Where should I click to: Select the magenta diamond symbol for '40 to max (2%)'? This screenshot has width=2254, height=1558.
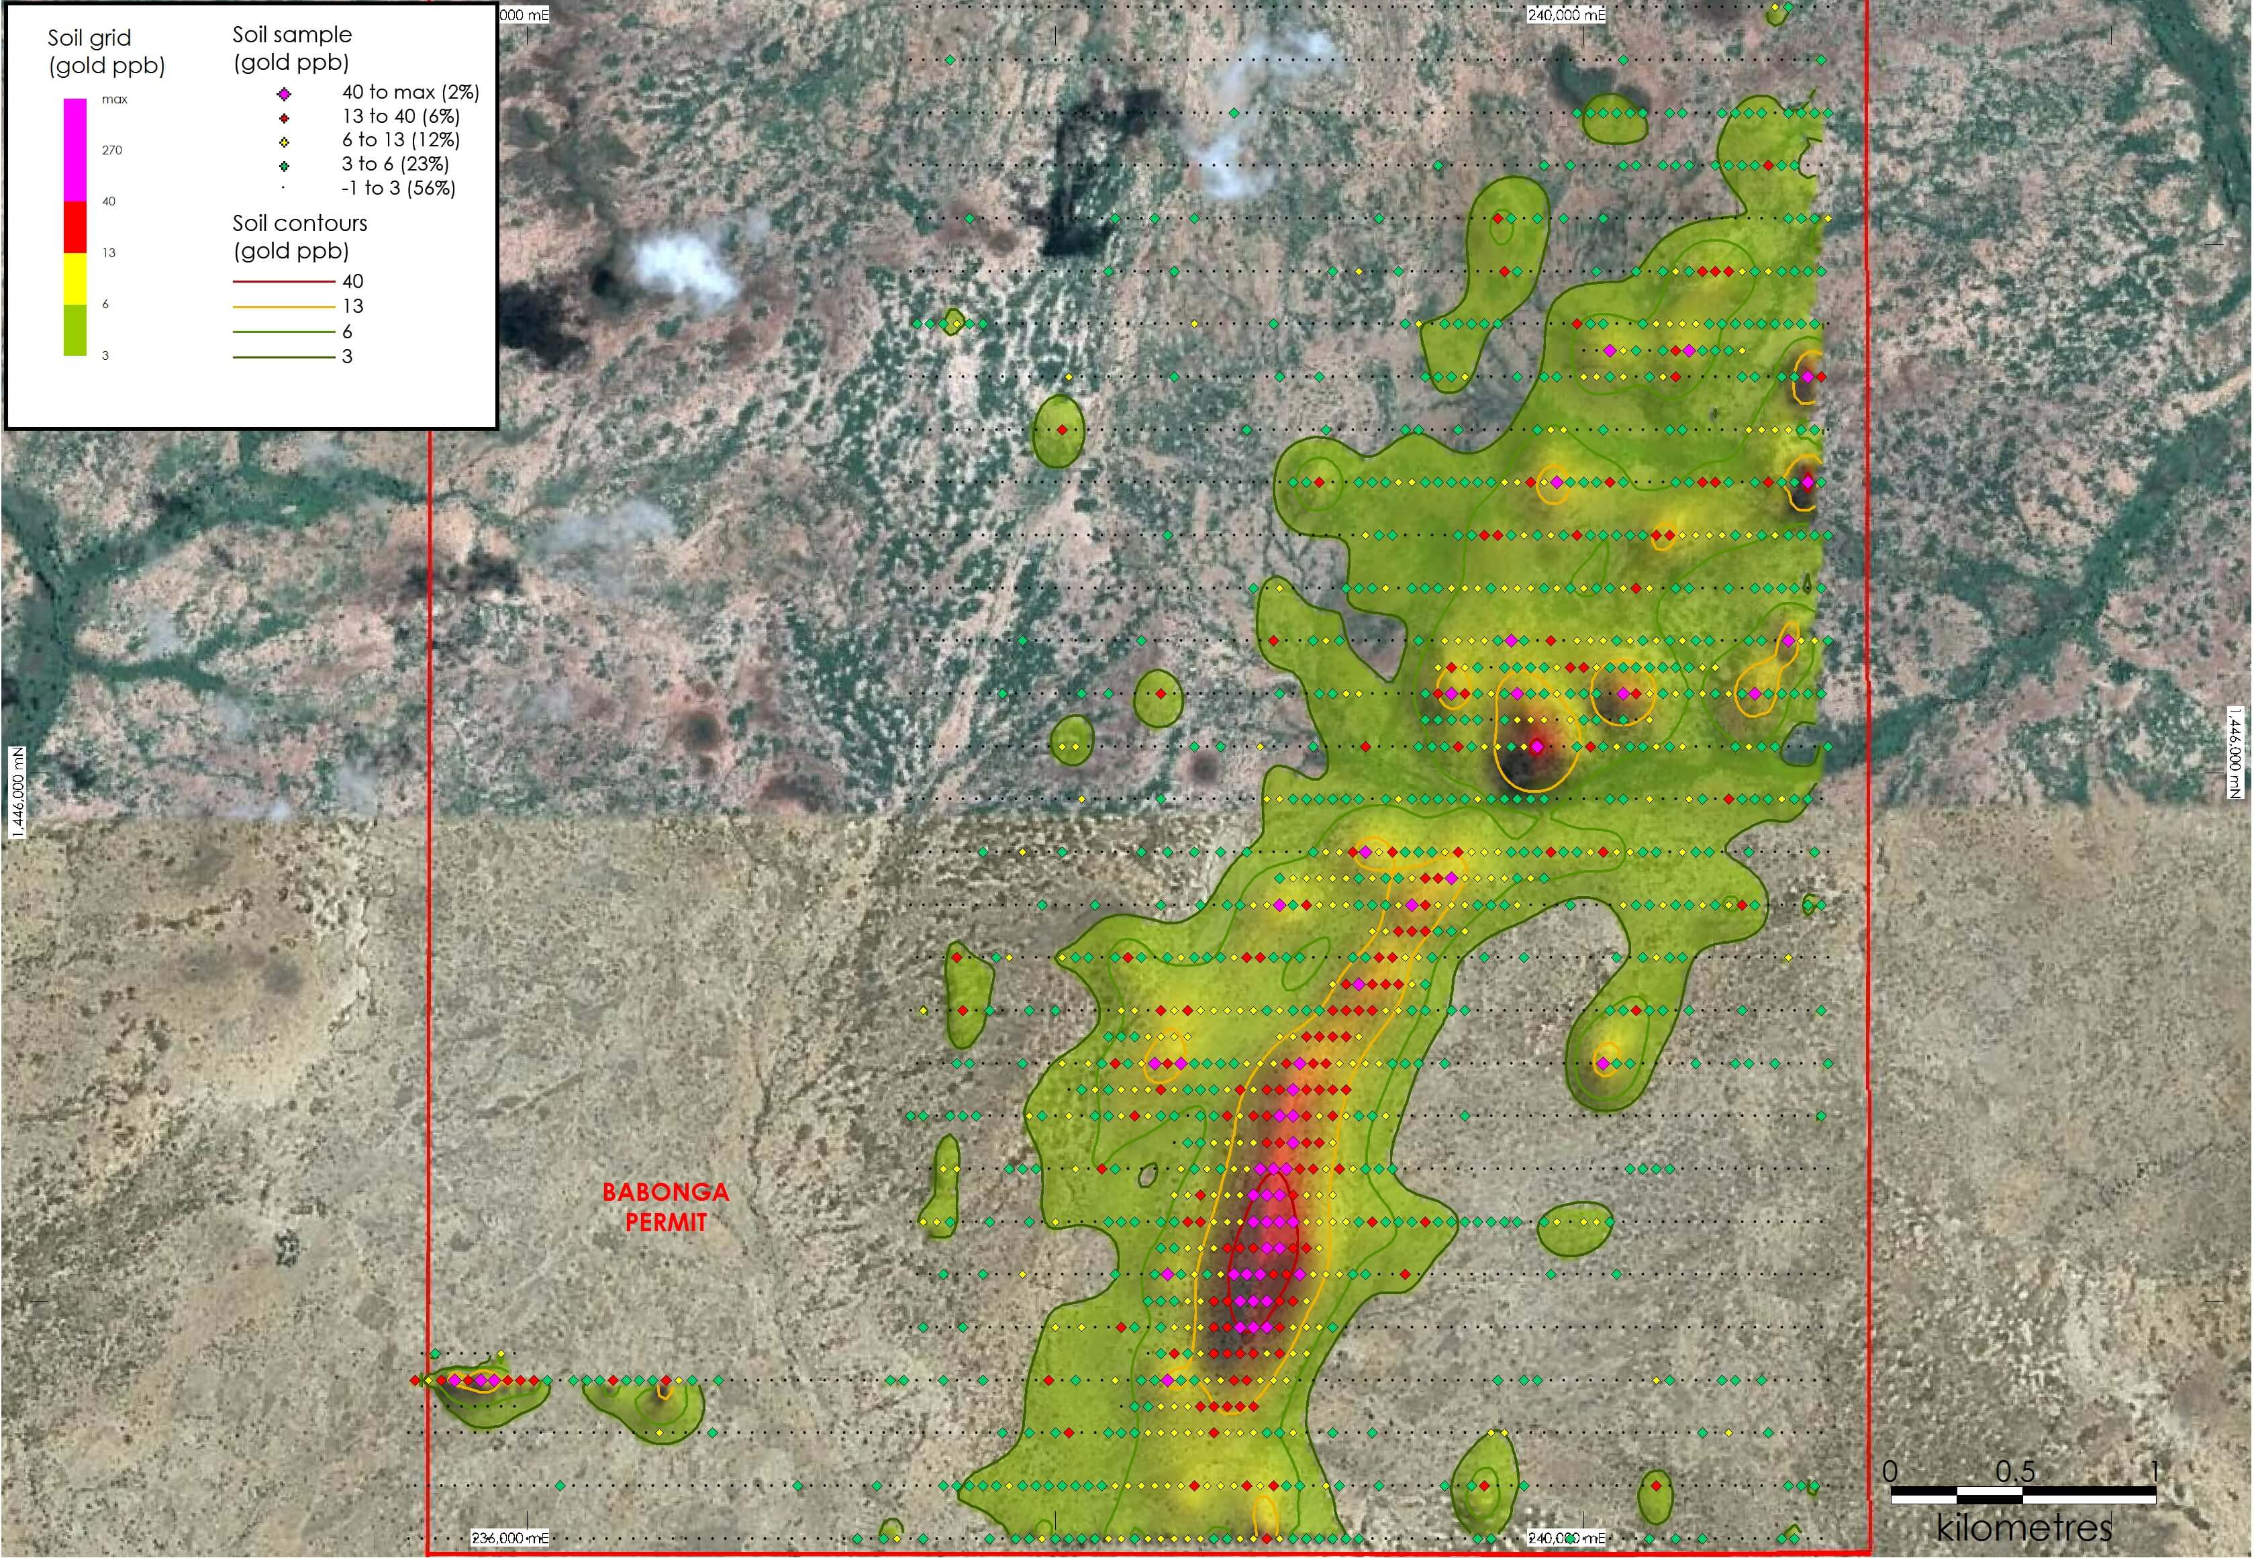(x=284, y=94)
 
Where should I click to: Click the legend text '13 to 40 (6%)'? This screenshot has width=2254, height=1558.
(x=400, y=116)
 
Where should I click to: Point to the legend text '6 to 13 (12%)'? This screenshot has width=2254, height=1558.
(x=400, y=140)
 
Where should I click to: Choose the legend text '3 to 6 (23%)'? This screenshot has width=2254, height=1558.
(x=395, y=164)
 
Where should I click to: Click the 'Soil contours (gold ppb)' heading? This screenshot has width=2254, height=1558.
(x=299, y=236)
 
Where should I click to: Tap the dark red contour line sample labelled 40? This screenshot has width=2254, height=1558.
(x=283, y=281)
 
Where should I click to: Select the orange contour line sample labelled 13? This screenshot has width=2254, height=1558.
(x=283, y=307)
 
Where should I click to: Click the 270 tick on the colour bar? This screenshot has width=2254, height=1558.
(x=112, y=150)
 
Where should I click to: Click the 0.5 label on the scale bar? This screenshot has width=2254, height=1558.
(x=2015, y=1471)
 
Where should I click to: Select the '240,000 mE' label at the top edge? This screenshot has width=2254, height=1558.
(x=1566, y=15)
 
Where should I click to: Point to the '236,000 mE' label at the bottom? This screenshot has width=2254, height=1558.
(x=509, y=1539)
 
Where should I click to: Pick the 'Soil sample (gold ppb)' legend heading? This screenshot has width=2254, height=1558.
(x=292, y=48)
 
